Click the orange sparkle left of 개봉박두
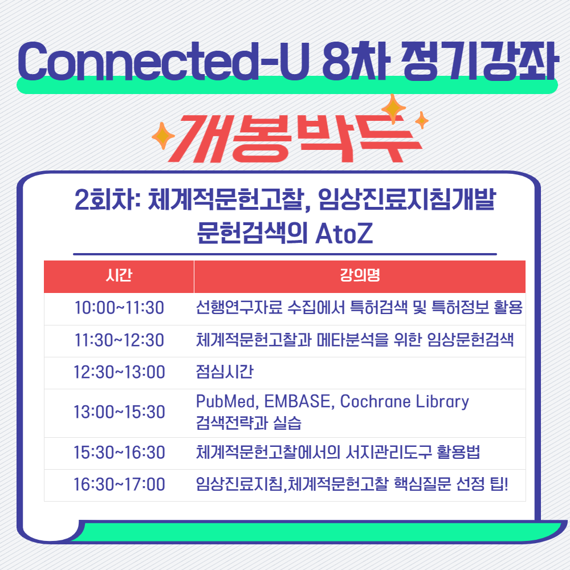pyautogui.click(x=163, y=136)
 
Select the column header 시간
pyautogui.click(x=119, y=275)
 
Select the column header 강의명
pyautogui.click(x=360, y=275)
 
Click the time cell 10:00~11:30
pyautogui.click(x=119, y=308)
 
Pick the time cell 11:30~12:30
pyautogui.click(x=119, y=340)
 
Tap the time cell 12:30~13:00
pyautogui.click(x=119, y=372)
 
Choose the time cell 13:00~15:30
pyautogui.click(x=119, y=412)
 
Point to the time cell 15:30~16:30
pyautogui.click(x=119, y=453)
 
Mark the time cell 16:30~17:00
pyautogui.click(x=119, y=484)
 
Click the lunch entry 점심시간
pyautogui.click(x=224, y=372)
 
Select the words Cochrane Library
pyautogui.click(x=405, y=402)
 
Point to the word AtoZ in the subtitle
pyautogui.click(x=344, y=233)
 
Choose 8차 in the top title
pyautogui.click(x=356, y=61)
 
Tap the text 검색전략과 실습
pyautogui.click(x=249, y=423)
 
